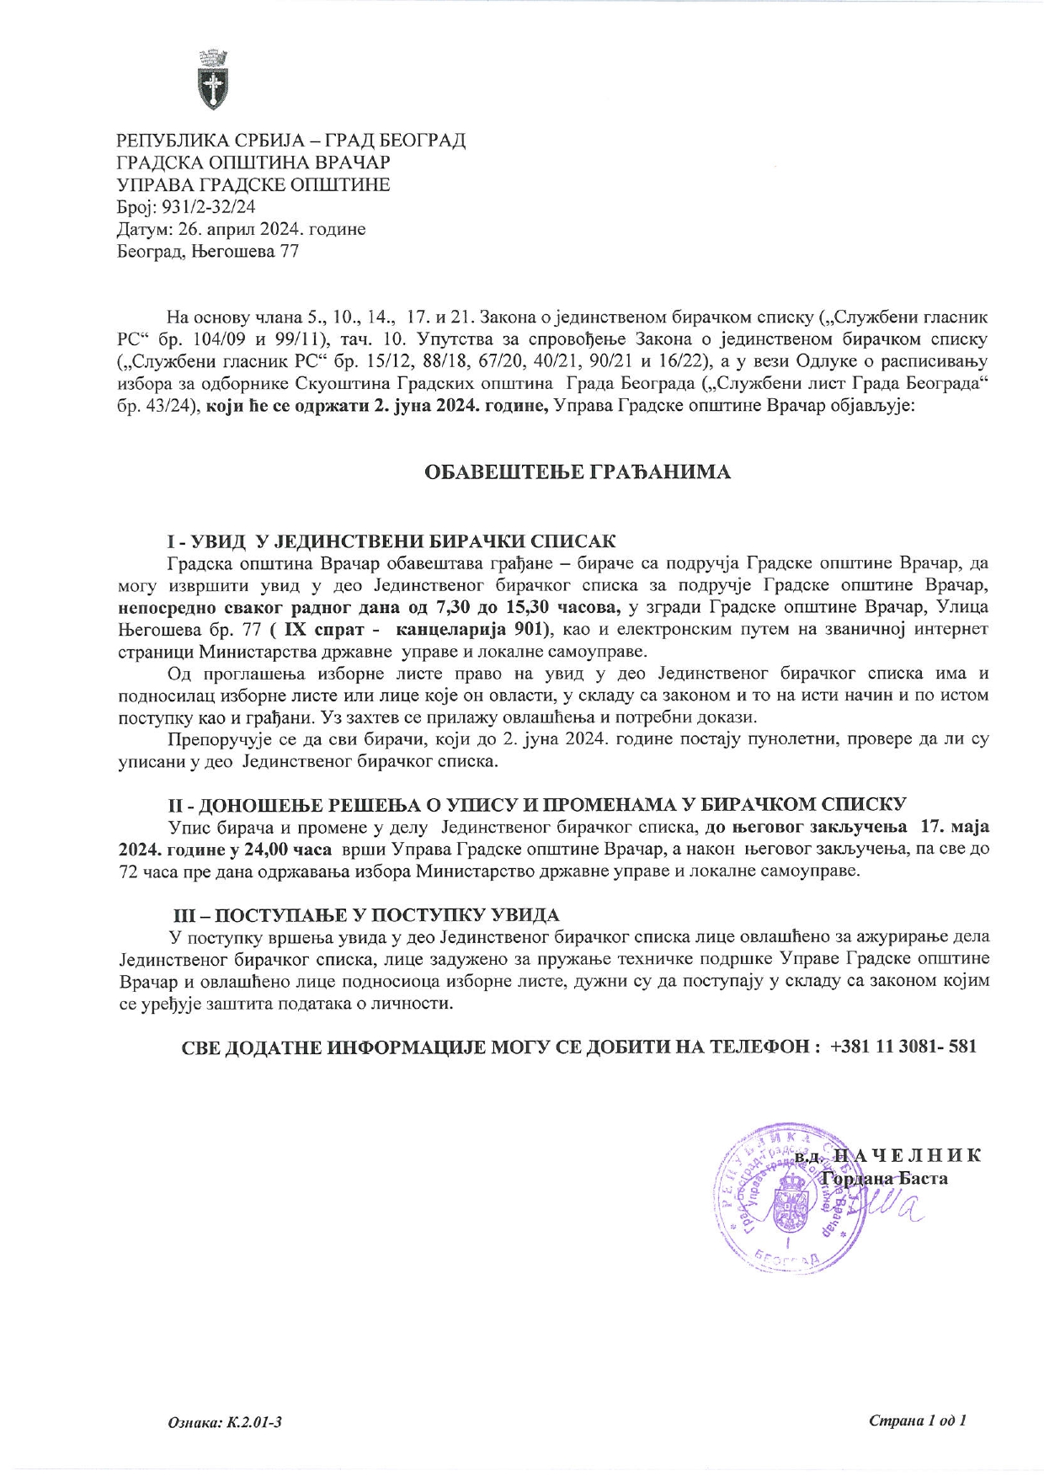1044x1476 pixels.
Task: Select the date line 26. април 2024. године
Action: tap(241, 229)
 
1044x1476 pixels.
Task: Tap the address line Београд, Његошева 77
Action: tap(207, 251)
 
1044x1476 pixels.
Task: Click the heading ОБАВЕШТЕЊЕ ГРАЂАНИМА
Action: tap(577, 472)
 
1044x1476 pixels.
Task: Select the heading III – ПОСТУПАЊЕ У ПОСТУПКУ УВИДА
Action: tap(365, 914)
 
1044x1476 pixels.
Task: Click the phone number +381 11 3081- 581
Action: tap(903, 1047)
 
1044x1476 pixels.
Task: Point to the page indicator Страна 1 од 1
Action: tap(917, 1420)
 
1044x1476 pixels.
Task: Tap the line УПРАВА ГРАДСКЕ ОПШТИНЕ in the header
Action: tap(253, 184)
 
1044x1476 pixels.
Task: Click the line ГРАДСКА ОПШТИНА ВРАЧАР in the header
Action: tap(253, 163)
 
